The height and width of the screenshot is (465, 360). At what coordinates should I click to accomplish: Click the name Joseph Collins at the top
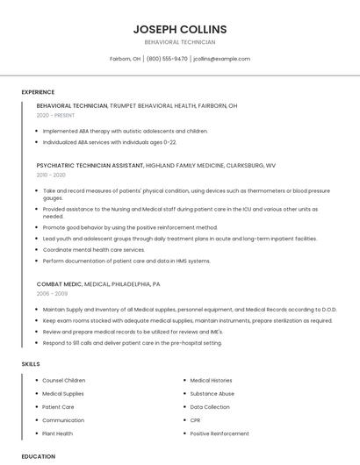[180, 29]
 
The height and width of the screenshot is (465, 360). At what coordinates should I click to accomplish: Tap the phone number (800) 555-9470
[167, 59]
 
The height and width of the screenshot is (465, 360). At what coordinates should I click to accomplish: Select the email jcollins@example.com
[221, 59]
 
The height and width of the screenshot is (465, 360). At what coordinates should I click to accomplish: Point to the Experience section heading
[38, 92]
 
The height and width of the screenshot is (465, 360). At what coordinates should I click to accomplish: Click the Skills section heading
[31, 363]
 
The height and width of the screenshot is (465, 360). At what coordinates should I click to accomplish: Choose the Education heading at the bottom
[39, 456]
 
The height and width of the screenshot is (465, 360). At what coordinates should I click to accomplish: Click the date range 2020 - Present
[55, 115]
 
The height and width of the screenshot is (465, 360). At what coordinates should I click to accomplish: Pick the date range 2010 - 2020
[51, 175]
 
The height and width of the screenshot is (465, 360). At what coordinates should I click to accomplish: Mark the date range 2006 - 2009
[51, 294]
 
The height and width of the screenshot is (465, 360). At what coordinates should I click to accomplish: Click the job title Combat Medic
[60, 284]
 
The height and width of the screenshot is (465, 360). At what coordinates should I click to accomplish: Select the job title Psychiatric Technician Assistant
[90, 165]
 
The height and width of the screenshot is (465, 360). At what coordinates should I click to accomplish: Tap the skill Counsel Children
[64, 380]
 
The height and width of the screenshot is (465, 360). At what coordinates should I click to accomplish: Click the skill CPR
[196, 420]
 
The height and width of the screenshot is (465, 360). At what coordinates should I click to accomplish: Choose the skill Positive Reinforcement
[220, 433]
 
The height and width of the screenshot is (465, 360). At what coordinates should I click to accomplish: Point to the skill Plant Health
[58, 433]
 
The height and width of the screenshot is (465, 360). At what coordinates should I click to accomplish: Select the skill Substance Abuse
[212, 394]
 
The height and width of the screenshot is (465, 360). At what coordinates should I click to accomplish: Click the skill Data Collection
[210, 407]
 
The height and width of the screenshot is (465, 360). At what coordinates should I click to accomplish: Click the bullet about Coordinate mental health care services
[94, 249]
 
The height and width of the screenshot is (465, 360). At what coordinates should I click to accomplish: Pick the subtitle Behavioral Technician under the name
[180, 42]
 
